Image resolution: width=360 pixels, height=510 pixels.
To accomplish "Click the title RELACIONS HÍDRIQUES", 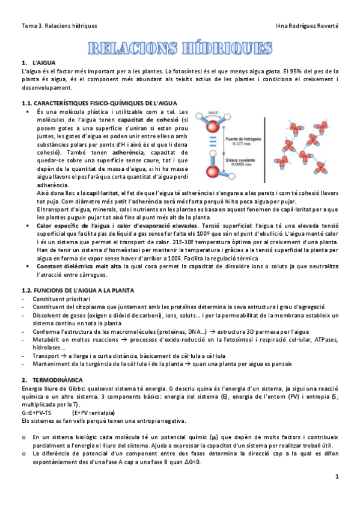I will coord(180,48).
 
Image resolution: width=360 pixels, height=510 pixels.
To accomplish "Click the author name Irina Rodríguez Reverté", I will coord(306,26).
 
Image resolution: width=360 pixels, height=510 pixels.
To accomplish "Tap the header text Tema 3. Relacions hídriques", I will coord(59,26).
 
